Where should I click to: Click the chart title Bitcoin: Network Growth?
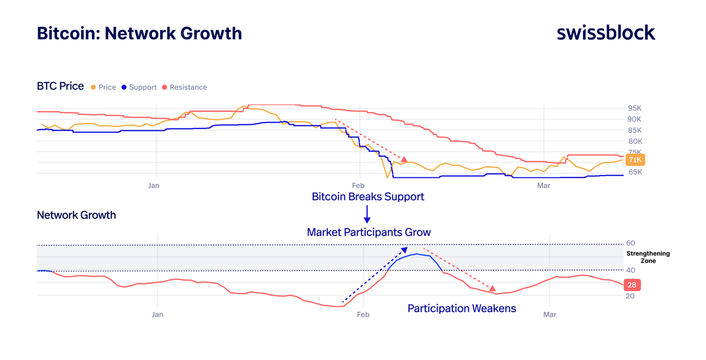coord(139,33)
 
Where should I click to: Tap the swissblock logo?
coord(605,32)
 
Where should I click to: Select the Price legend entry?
coord(104,87)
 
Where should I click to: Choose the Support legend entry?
coord(139,87)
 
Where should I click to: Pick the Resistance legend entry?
coord(184,87)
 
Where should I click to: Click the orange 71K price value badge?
coord(635,160)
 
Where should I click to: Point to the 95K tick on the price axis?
coord(634,108)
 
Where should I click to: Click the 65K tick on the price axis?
coord(634,173)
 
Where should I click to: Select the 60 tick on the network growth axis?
coord(629,243)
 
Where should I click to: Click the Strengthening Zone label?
coord(648,257)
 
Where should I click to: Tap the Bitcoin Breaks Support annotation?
coord(367,197)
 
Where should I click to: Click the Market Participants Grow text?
coord(369,232)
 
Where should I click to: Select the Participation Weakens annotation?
coord(462,308)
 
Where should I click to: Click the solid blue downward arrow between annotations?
coord(367,214)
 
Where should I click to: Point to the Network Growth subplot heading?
coord(76,215)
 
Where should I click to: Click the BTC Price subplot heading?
coord(60,87)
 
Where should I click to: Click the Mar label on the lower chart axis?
coord(549,315)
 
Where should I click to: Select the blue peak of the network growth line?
coord(416,254)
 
